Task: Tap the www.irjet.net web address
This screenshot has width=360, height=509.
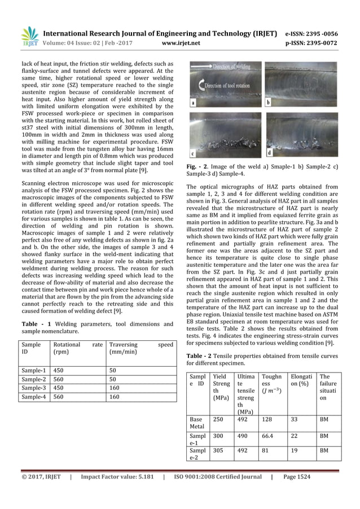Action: pos(179,41)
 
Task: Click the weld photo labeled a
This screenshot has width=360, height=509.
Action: pos(225,84)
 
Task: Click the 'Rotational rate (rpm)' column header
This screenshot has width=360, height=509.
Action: pos(77,348)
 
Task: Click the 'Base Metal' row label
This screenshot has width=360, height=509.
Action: pos(196,423)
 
